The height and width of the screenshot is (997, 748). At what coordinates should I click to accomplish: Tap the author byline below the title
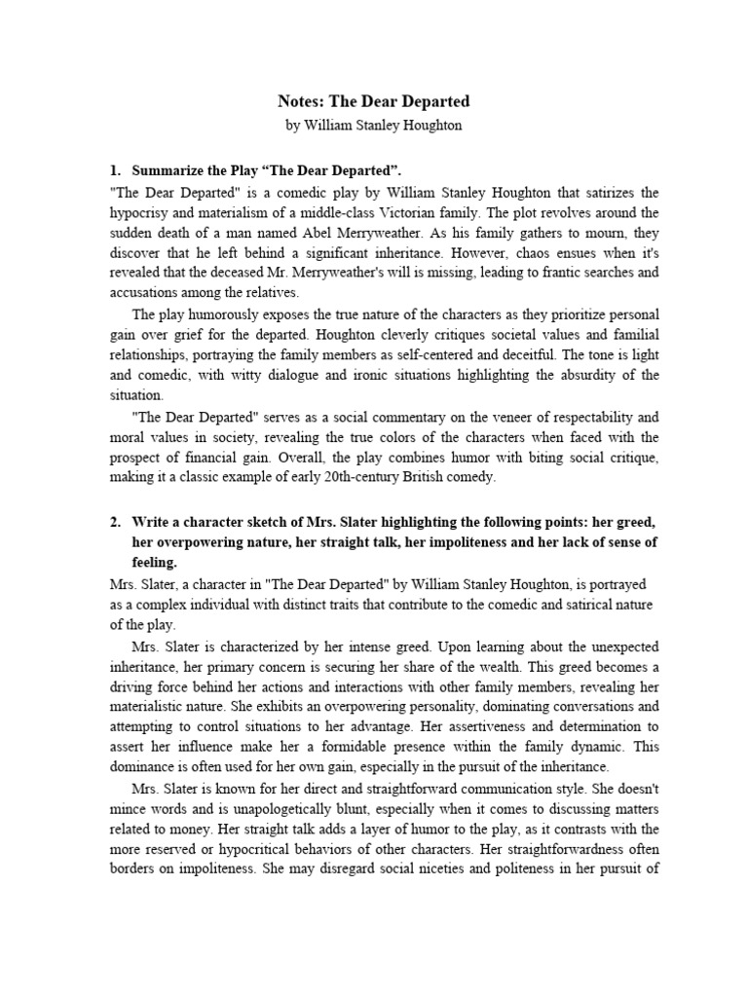pos(374,125)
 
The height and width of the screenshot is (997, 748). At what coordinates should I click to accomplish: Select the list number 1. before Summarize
pos(115,170)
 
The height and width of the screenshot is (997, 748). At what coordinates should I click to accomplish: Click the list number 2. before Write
pos(115,521)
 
